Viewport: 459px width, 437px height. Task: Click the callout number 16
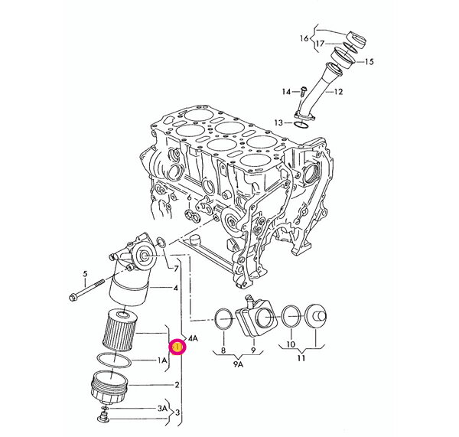[x=304, y=38]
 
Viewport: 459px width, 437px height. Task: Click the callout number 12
[x=360, y=92]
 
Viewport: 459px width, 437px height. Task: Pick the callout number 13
[x=279, y=122]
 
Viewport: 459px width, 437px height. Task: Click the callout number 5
[x=86, y=274]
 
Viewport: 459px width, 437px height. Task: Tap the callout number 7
[x=176, y=269]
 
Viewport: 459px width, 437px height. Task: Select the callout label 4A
[x=194, y=338]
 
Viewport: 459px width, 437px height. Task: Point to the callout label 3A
[x=162, y=409]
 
